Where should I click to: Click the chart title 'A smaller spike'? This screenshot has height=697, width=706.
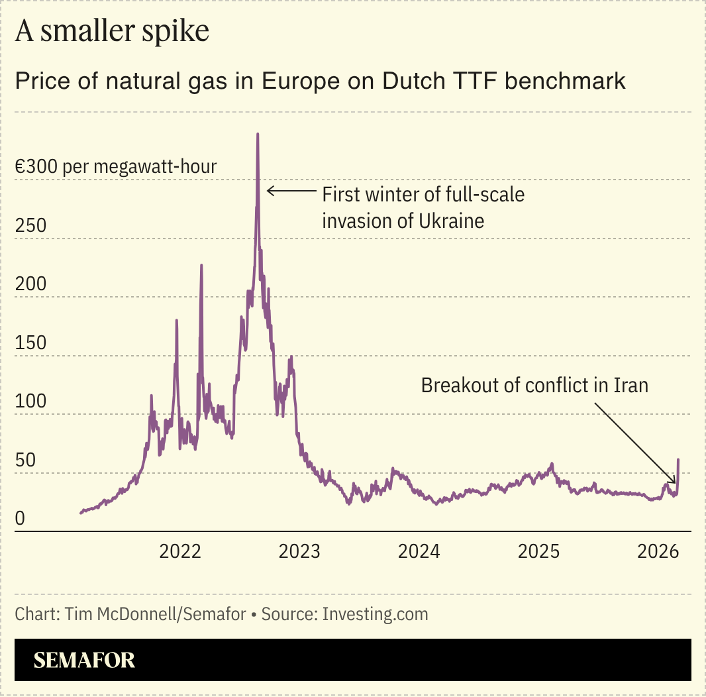coord(112,32)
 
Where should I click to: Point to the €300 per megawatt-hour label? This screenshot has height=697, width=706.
coord(116,166)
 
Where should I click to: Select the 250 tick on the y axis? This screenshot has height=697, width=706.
coord(30,225)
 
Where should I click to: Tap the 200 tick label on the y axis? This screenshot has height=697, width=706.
coord(30,284)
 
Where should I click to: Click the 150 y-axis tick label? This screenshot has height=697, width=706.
coord(30,343)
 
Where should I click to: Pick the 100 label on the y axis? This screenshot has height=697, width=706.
coord(30,402)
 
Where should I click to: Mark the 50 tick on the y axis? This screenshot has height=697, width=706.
coord(25,460)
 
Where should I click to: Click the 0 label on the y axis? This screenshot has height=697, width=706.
coord(20,519)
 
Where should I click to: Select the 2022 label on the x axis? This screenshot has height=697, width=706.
coord(180,551)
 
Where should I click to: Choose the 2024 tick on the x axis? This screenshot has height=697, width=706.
coord(419,551)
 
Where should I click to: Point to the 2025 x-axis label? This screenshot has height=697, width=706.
coord(538,551)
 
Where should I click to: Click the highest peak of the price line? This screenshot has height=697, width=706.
coord(258,134)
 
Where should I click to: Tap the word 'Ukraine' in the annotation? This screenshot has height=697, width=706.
coord(450,220)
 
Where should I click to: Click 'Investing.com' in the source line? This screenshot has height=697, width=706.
coord(376,614)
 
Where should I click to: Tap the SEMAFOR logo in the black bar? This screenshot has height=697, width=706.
coord(84,660)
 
